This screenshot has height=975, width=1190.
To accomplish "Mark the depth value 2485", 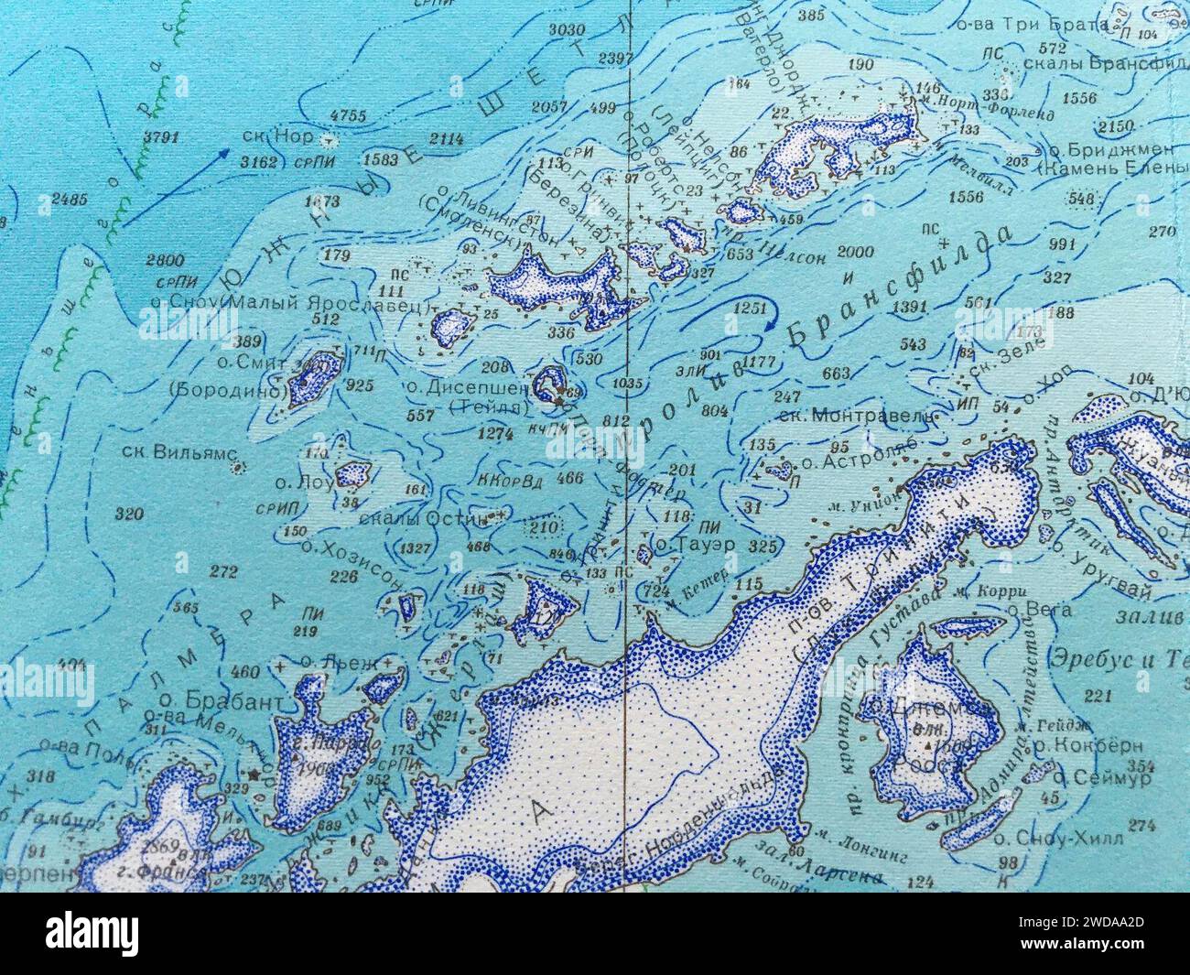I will coord(70,198).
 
